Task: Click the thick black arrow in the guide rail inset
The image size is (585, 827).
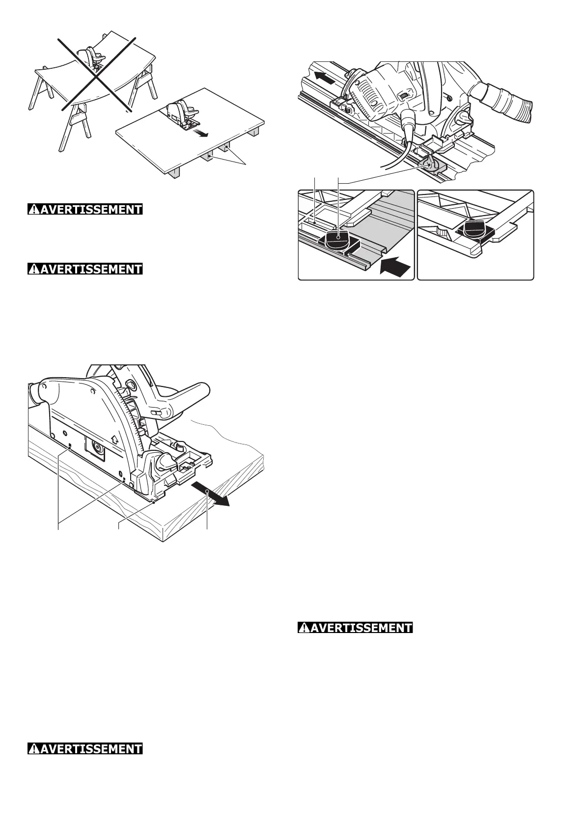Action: pos(396,267)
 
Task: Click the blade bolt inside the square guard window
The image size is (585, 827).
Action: pos(96,448)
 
